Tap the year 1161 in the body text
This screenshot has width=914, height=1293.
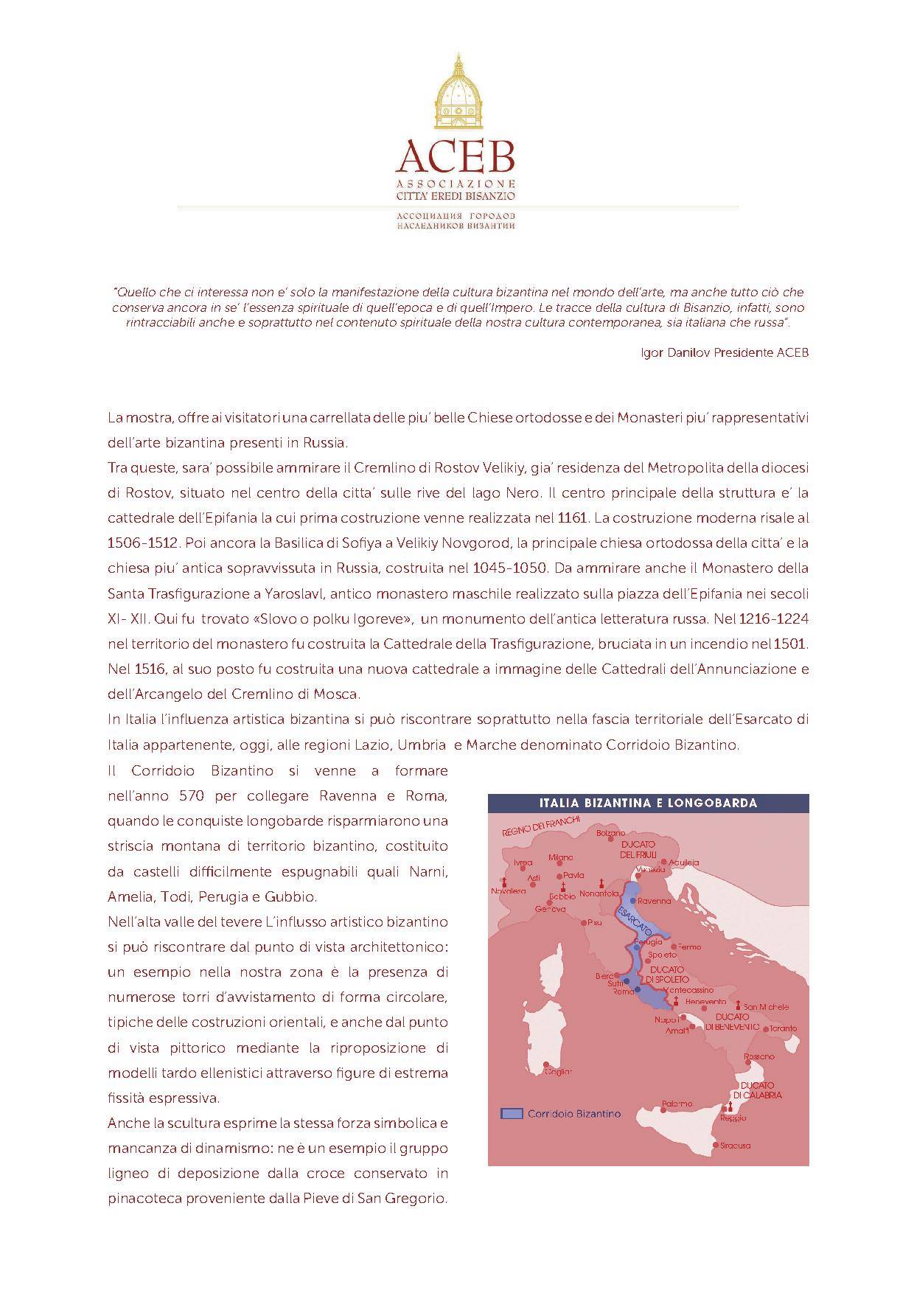click(x=573, y=517)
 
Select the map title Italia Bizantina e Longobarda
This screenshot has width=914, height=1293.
click(x=648, y=803)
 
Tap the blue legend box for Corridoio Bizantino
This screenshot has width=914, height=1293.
click(x=512, y=1113)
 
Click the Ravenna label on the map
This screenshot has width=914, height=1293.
click(x=655, y=901)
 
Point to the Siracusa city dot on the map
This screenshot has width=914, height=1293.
click(x=715, y=1145)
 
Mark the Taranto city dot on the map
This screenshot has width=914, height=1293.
click(x=767, y=1029)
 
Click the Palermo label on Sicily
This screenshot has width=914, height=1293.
click(x=677, y=1104)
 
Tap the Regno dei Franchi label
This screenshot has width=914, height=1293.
click(x=541, y=826)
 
